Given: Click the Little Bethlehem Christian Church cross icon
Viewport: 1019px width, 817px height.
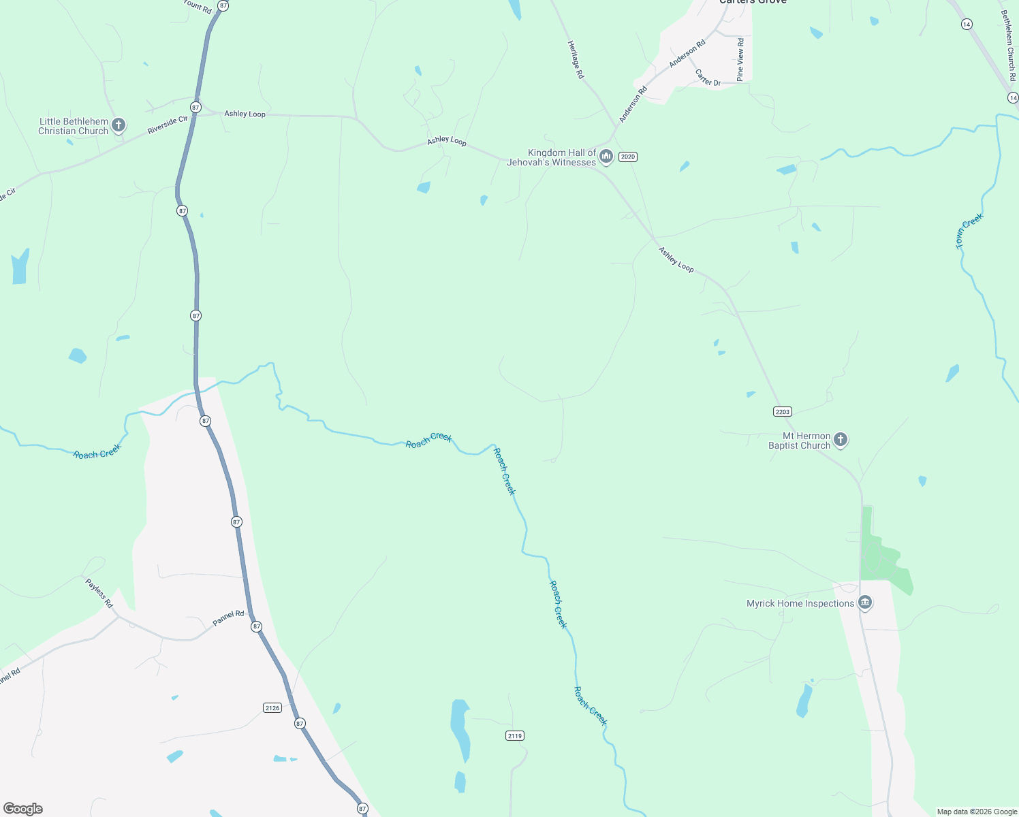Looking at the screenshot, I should (119, 125).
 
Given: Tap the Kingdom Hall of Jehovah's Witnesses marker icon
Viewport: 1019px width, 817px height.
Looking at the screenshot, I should (606, 157).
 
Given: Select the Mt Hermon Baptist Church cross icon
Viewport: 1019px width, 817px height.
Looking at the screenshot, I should (841, 439).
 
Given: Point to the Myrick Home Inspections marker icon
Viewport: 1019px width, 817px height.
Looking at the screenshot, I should (865, 603).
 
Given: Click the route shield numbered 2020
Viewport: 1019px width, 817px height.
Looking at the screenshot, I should (627, 157).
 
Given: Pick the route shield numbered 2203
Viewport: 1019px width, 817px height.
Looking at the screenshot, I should (783, 411).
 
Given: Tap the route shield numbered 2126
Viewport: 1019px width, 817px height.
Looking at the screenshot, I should (272, 708).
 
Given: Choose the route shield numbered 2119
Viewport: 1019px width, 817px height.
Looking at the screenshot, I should (515, 735).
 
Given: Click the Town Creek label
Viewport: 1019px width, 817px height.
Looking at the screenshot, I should (969, 231).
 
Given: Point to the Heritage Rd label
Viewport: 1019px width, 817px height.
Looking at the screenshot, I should (576, 59).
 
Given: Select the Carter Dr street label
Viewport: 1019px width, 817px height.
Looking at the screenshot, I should (708, 78).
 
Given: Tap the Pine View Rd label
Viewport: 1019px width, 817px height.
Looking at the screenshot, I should (740, 59).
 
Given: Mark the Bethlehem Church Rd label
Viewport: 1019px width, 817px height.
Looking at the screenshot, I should (1008, 45).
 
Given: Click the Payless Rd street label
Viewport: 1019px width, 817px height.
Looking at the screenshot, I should (99, 593).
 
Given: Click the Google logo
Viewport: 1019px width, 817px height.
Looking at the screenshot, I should (23, 809).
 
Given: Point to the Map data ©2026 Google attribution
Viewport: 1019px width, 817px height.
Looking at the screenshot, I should (977, 812).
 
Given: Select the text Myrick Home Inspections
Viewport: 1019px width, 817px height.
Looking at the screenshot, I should (800, 603).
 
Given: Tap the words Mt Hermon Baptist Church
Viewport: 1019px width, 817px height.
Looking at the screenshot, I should (800, 440).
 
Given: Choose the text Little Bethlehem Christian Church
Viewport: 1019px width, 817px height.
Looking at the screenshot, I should (74, 126).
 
